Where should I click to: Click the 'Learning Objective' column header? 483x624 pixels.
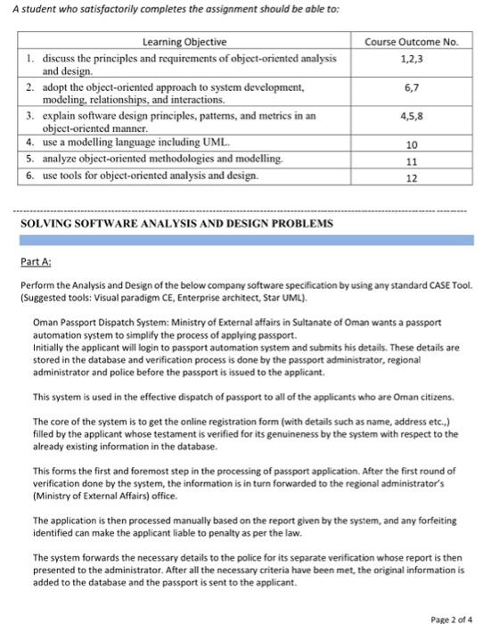[x=184, y=42]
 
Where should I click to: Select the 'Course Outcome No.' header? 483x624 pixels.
[x=410, y=42]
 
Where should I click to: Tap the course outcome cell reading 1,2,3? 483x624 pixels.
[x=410, y=57]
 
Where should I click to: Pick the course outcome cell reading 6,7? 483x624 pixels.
[x=410, y=87]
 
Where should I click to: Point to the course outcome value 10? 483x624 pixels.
[x=411, y=144]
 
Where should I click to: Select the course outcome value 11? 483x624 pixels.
[x=411, y=160]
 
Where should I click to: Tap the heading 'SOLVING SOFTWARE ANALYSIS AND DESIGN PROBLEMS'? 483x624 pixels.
[x=176, y=221]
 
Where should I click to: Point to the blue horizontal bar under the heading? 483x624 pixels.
[x=241, y=238]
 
